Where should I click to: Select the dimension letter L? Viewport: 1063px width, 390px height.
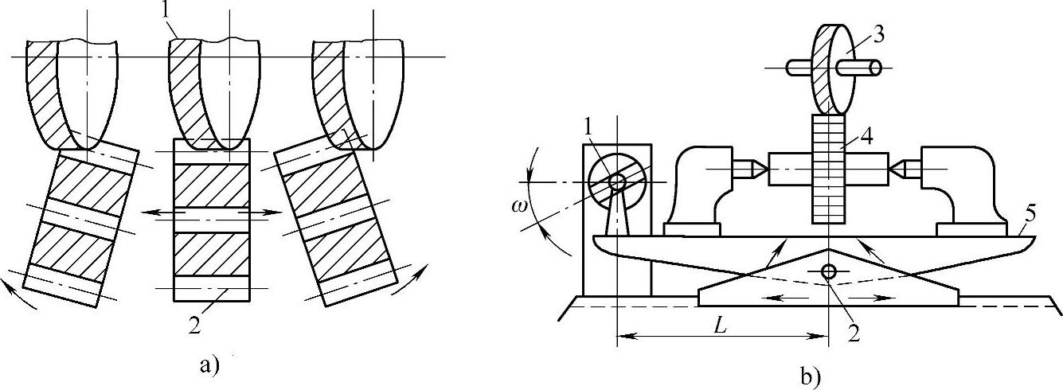coord(718,325)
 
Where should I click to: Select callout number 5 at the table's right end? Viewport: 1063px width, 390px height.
coord(1029,213)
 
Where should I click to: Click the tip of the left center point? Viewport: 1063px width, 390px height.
coord(766,168)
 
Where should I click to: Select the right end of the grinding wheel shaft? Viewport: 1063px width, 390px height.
coord(880,68)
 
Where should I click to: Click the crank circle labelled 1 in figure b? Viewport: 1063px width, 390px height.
coord(616,182)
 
